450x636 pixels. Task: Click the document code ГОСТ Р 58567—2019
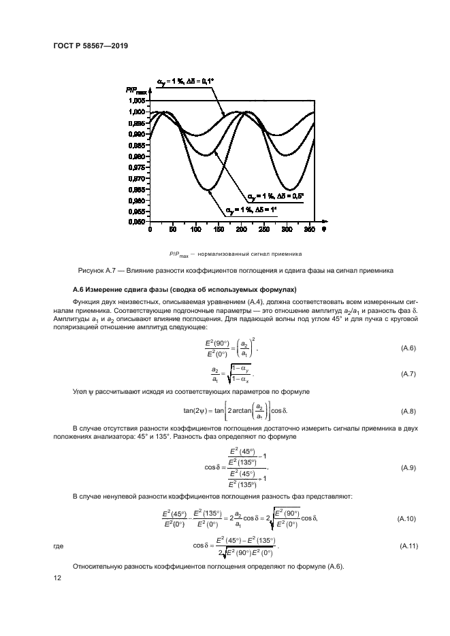(91, 46)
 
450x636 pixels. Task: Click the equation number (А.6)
(408, 348)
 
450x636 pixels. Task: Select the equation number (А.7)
(408, 374)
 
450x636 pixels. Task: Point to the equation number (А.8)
(408, 412)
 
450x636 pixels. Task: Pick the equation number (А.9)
(408, 469)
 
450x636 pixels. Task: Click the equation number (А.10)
(406, 519)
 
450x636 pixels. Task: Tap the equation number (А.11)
(406, 546)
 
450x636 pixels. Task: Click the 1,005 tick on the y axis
(135, 101)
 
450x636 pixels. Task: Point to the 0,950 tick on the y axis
(135, 222)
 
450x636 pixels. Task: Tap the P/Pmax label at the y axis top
(136, 89)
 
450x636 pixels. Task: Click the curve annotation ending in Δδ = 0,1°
(186, 82)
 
